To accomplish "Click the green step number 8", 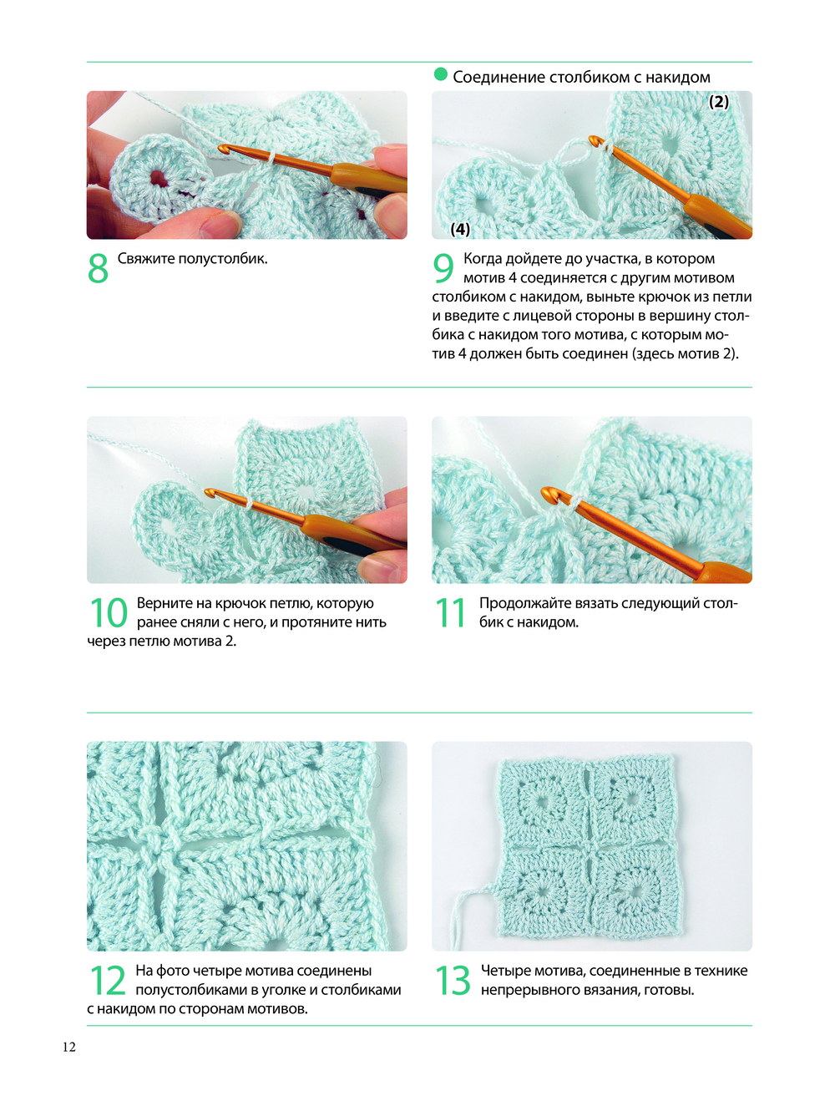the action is [98, 268].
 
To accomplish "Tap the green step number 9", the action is [443, 268].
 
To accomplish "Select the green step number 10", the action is [108, 612].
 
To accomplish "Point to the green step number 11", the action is [450, 612].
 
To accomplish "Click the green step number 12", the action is [107, 980].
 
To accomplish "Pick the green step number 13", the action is [453, 980].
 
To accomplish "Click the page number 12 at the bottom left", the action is [68, 1047].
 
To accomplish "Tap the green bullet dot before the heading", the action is [440, 74].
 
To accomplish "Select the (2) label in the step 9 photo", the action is [718, 102].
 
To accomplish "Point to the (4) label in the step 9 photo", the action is [460, 229].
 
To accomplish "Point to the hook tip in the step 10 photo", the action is [208, 492].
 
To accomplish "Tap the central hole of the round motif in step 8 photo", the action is [158, 178].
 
